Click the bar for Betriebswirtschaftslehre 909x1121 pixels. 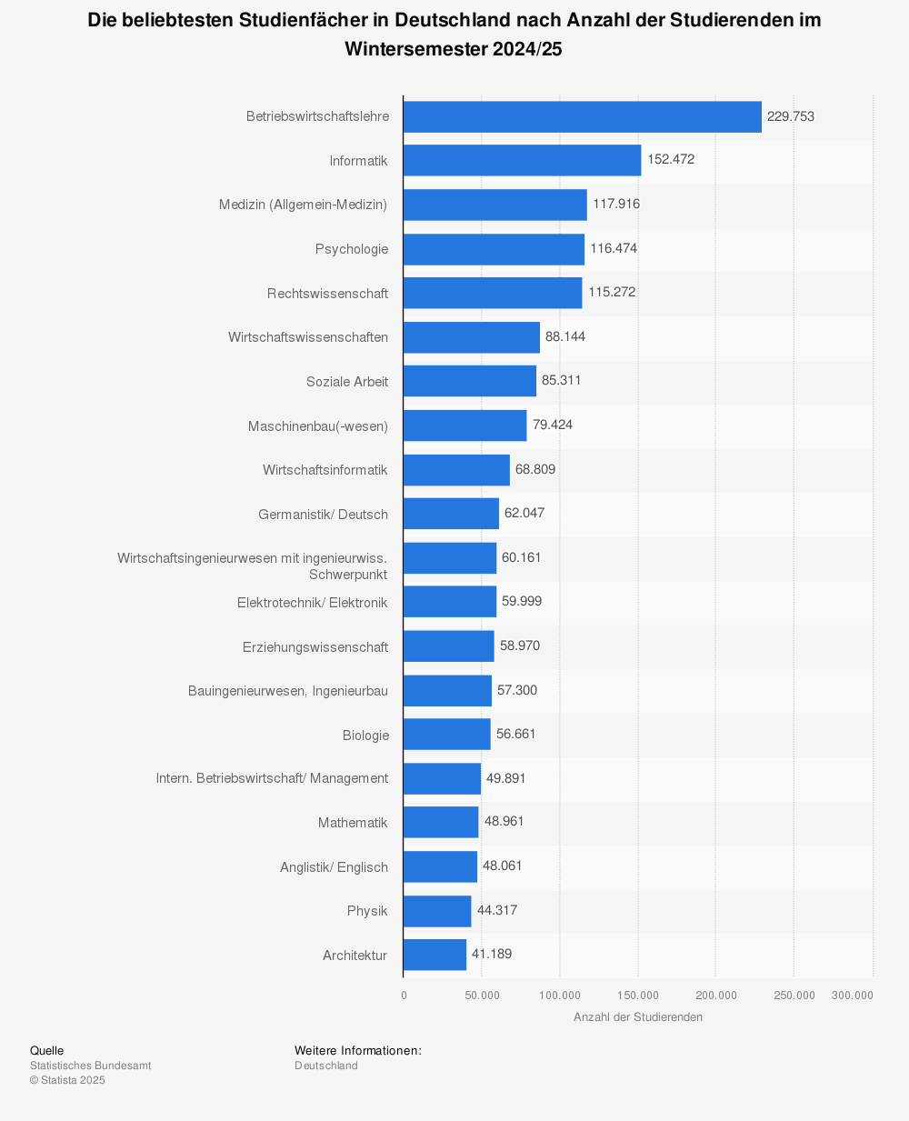pos(582,116)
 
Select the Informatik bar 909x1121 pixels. pos(522,160)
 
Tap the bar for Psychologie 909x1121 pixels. pos(494,249)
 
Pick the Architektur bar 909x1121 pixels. pos(435,955)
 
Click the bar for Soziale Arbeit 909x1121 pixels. pos(469,381)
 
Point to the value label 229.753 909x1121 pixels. pos(791,116)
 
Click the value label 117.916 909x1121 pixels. pos(616,204)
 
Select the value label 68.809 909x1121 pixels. pos(535,469)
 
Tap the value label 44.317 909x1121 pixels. pos(497,910)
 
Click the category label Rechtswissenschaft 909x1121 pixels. pos(327,294)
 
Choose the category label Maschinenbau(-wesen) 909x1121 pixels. pos(317,425)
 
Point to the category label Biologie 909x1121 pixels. pos(365,736)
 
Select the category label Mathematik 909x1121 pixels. pos(353,823)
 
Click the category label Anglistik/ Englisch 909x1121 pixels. pos(334,867)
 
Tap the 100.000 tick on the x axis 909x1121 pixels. pos(560,996)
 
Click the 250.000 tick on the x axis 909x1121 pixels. pos(794,996)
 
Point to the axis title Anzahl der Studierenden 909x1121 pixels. pos(638,1017)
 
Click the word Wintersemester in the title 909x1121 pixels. pos(415,49)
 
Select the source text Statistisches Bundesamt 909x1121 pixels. pos(91,1066)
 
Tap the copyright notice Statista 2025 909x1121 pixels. pos(67,1080)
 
